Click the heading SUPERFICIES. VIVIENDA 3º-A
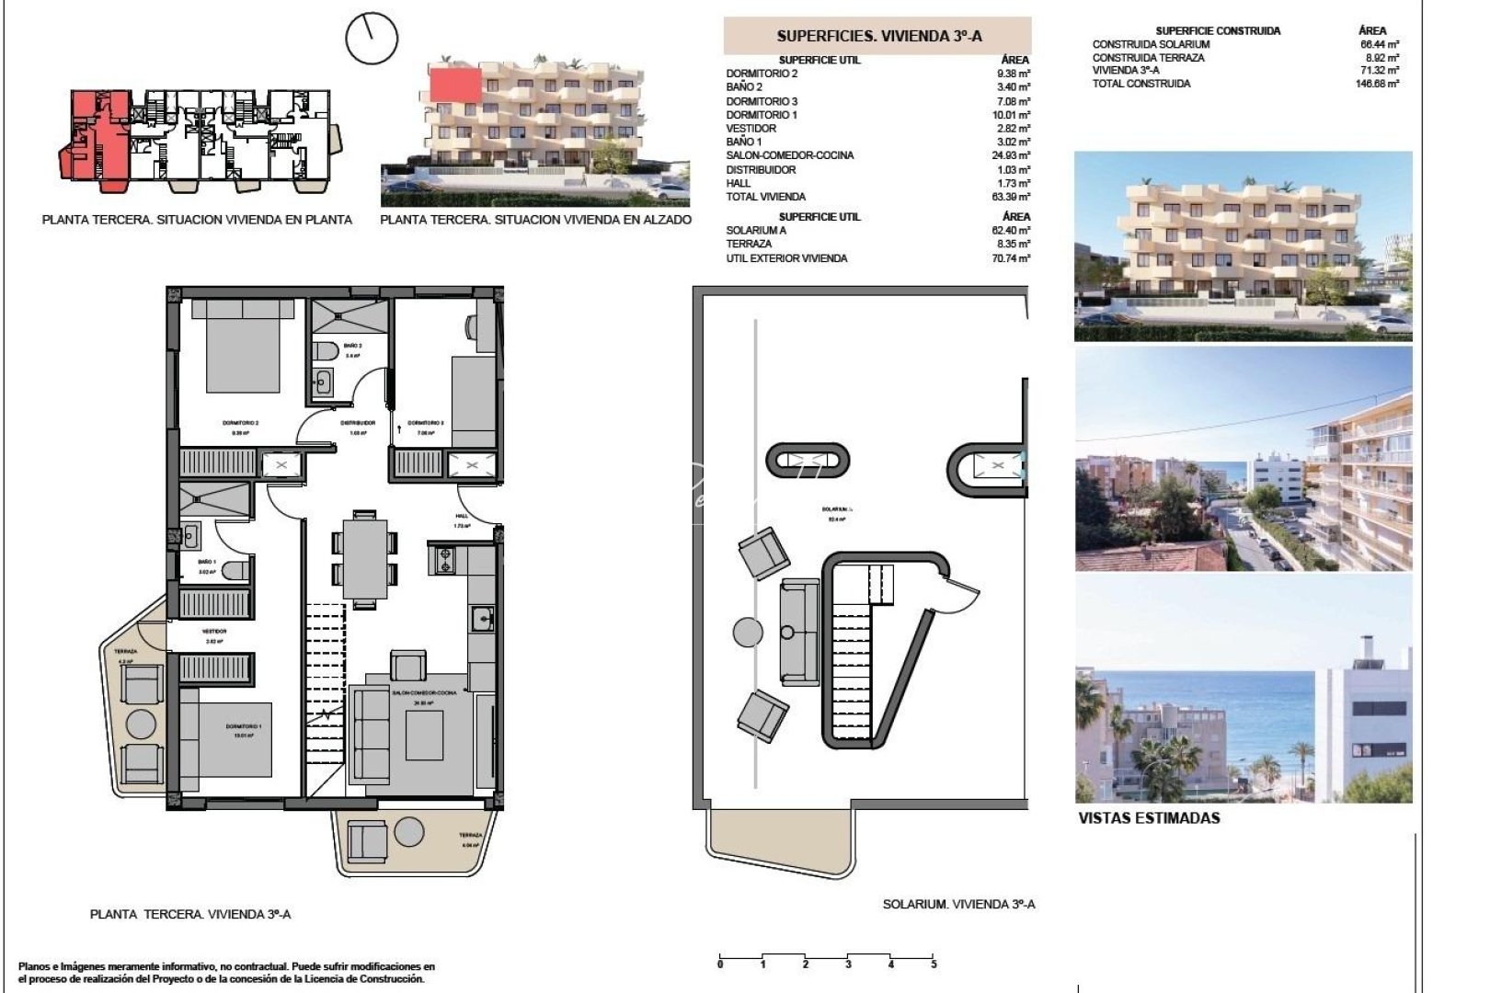click(878, 36)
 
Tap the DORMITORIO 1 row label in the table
click(762, 115)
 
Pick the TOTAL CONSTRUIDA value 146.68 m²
click(1379, 84)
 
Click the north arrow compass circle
click(372, 39)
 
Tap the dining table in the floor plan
click(365, 558)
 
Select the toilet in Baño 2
click(326, 352)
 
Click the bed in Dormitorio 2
click(242, 348)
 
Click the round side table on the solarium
click(747, 632)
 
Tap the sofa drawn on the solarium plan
click(798, 632)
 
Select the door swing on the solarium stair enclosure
click(961, 598)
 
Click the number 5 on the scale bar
click(934, 964)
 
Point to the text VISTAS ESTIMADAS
click(1149, 817)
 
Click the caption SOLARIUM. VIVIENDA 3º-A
click(958, 905)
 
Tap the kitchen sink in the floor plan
click(483, 619)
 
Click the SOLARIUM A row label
click(756, 231)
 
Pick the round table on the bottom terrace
click(409, 832)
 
